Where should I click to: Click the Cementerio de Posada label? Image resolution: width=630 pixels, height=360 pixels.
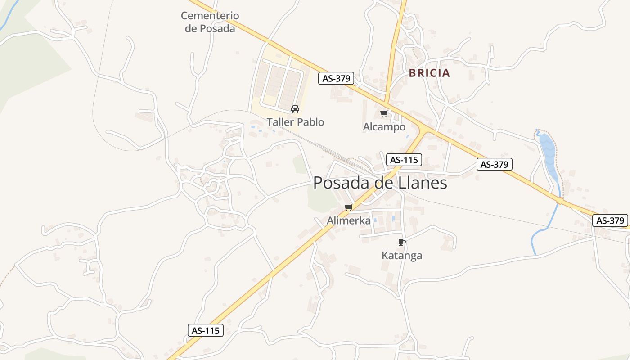210,22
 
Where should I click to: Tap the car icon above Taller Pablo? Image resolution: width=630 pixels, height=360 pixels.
295,108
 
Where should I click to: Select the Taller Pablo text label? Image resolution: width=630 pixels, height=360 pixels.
295,122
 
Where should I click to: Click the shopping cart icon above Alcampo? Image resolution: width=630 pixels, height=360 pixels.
384,113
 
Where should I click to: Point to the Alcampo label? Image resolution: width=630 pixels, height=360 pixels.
384,127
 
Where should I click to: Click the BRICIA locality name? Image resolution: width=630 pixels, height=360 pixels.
429,73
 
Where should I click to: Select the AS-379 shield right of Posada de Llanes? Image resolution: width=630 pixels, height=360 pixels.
495,164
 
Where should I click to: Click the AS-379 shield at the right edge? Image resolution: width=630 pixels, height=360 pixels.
611,220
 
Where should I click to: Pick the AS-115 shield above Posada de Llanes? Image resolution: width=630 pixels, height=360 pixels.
404,159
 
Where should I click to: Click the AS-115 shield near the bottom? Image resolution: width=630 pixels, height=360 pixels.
206,330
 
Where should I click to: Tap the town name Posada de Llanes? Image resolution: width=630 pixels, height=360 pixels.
380,183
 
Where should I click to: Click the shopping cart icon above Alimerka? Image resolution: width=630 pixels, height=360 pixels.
348,208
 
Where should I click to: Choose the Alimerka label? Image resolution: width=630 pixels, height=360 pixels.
349,220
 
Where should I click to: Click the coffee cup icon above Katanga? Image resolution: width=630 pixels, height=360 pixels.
402,242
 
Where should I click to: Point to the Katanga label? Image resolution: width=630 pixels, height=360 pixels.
402,256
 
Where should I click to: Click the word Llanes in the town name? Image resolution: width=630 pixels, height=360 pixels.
423,183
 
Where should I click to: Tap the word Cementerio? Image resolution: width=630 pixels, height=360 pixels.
210,16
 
